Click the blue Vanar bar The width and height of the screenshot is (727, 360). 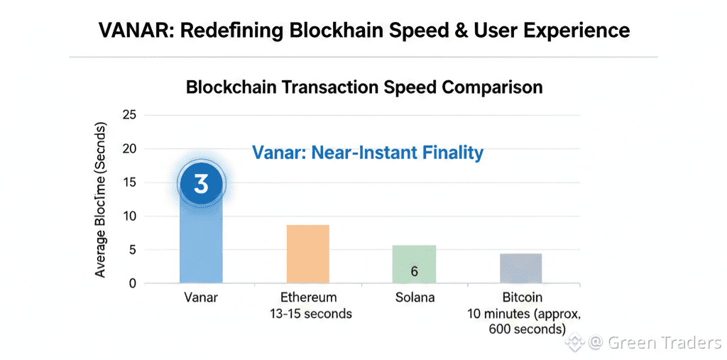coord(201,241)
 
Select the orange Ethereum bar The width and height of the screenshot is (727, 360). coord(307,254)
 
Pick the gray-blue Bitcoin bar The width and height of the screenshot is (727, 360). coord(520,268)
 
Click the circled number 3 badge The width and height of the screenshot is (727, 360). coord(201,184)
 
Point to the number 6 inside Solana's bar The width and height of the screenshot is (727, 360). coord(414,271)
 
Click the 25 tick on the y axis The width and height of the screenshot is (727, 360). coord(129,115)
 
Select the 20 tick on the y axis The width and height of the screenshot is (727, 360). coord(129,148)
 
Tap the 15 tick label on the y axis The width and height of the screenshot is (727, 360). coord(129,182)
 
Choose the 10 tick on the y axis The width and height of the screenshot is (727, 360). coord(129,216)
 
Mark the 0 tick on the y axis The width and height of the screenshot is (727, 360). coord(132,283)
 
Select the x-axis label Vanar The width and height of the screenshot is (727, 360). coord(200,297)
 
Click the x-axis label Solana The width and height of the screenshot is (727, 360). coord(415,297)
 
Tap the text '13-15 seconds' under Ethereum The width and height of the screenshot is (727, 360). coord(307,313)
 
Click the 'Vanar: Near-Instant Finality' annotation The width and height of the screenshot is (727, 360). coord(368,152)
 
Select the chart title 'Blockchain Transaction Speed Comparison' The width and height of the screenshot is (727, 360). coord(364,87)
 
